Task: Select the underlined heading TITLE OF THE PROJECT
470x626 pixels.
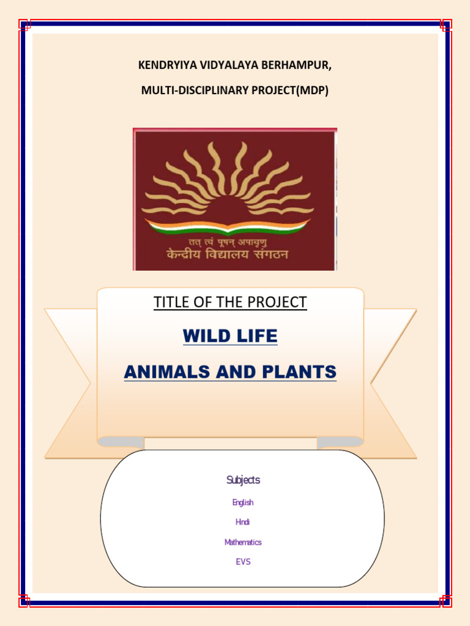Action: click(230, 302)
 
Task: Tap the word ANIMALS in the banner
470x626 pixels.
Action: click(165, 371)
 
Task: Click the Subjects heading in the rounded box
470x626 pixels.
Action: click(243, 481)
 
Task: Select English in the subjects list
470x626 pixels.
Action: click(243, 503)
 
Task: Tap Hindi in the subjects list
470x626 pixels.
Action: click(243, 522)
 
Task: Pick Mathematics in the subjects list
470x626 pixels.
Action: click(243, 542)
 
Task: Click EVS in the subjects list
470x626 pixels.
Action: click(243, 562)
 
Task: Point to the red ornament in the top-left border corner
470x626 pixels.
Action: click(24, 25)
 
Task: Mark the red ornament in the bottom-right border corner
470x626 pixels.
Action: click(446, 601)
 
